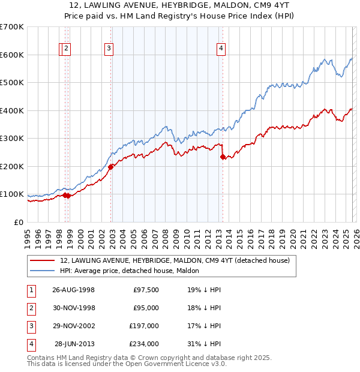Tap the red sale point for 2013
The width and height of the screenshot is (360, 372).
223,157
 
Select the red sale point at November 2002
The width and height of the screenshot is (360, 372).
111,167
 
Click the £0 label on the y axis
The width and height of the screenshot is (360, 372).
19,222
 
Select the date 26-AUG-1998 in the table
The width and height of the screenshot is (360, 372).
74,290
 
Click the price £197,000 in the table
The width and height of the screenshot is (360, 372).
144,326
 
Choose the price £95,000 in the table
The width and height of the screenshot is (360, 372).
146,308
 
